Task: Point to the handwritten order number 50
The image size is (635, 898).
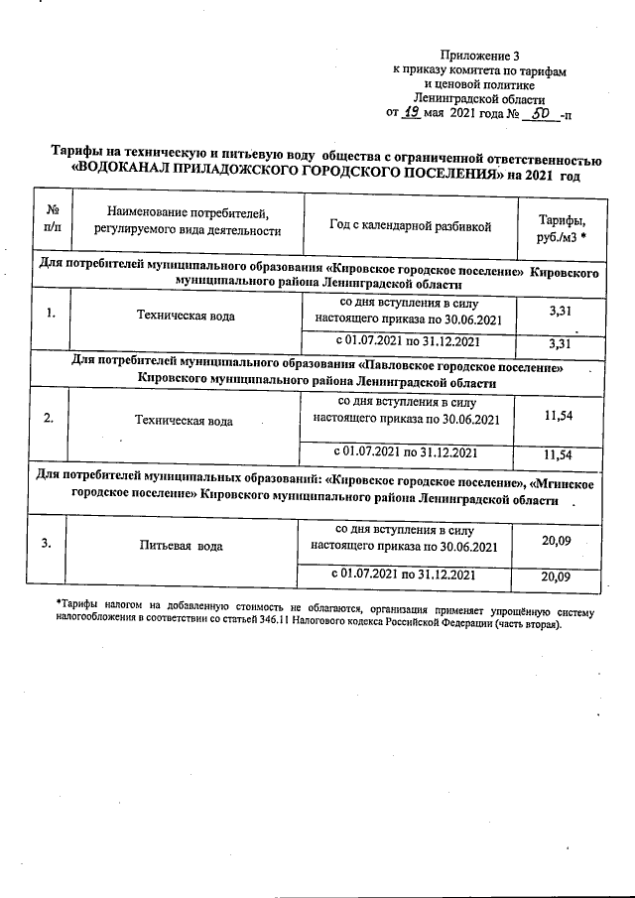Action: click(540, 113)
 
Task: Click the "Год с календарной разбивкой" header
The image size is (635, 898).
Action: click(410, 226)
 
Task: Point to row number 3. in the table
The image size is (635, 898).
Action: click(47, 543)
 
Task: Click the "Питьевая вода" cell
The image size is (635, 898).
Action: click(181, 546)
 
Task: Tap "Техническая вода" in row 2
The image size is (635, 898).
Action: click(184, 421)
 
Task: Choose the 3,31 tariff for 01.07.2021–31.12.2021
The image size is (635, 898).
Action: click(562, 343)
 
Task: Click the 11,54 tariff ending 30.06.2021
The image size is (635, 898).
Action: click(561, 417)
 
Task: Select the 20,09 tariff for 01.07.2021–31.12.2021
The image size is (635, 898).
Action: click(558, 577)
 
